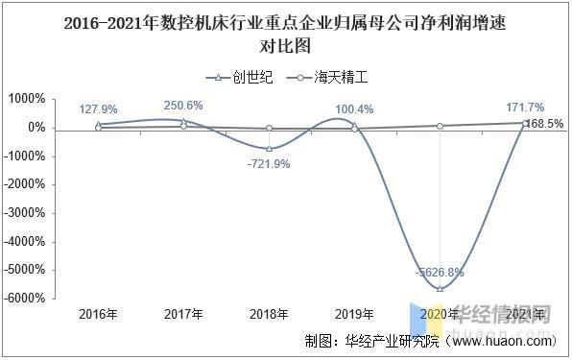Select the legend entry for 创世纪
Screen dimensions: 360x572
tap(240, 78)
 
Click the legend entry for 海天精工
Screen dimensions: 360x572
tap(331, 78)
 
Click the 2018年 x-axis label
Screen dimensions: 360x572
tap(269, 314)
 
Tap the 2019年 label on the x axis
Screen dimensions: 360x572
tap(354, 314)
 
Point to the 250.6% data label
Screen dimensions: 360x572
tap(183, 106)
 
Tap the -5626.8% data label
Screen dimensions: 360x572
tap(440, 273)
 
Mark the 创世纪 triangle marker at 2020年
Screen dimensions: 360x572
tap(440, 288)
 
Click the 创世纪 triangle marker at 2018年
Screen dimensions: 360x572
tap(269, 148)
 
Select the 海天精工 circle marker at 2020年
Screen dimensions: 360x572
tap(440, 126)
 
